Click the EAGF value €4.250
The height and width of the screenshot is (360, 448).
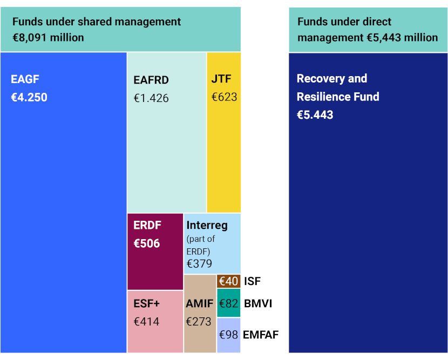coord(29,98)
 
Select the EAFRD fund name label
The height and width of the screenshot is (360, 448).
coord(151,80)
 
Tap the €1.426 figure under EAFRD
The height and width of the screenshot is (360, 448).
coord(151,98)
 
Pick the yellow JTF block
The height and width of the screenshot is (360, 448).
coord(223,133)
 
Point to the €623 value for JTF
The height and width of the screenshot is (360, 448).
coord(225,97)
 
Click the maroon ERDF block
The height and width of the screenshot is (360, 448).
coord(155,252)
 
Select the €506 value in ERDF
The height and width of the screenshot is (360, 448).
coord(147,243)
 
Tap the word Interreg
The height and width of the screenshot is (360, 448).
coord(207,226)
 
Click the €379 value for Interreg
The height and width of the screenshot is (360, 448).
coord(199,264)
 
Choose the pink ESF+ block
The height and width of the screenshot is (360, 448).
coord(155,322)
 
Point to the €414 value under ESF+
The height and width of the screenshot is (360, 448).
coord(146,322)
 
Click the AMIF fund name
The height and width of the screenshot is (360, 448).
coord(199,303)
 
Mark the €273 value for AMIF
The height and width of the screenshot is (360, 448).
coord(199,322)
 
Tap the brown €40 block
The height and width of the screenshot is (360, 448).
coord(228,281)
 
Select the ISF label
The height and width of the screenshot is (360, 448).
coord(252,281)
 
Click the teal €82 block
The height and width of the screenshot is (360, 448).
coord(228,303)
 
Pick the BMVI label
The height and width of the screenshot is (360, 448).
coord(258,303)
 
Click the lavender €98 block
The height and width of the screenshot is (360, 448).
coord(228,335)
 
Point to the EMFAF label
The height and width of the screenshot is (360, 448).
coord(261,335)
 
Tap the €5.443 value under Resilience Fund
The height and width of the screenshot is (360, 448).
coord(315,115)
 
